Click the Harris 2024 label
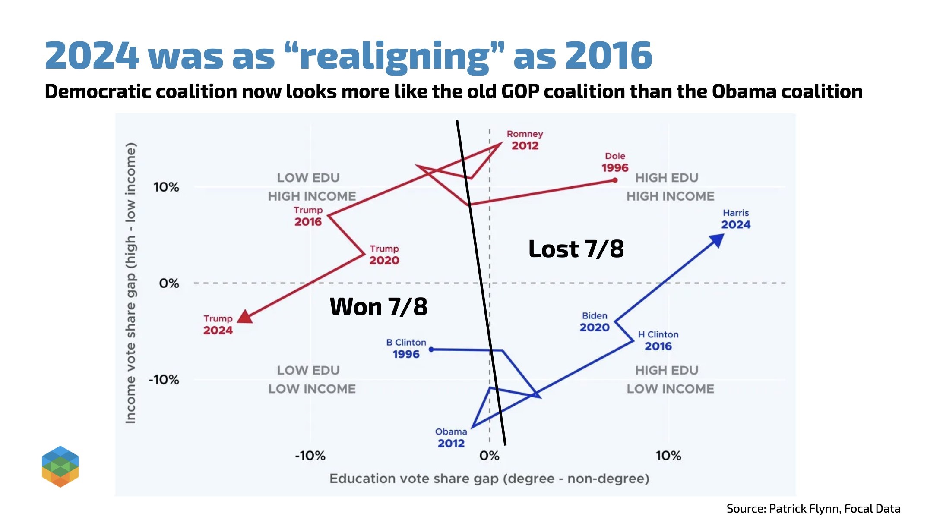(x=736, y=219)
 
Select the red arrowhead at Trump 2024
(x=245, y=317)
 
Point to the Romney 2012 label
(x=525, y=140)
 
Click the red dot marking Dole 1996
(x=615, y=180)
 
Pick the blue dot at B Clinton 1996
(x=431, y=349)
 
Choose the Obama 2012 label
(x=451, y=438)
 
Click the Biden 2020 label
(x=595, y=322)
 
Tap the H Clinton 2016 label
(x=658, y=340)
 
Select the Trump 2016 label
(x=308, y=216)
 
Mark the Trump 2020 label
(x=384, y=255)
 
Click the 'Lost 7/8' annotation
(x=576, y=249)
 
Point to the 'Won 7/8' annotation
(x=378, y=307)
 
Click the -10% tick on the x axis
(x=310, y=456)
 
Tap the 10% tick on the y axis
(x=166, y=187)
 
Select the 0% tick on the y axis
(x=169, y=283)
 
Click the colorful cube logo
(x=60, y=466)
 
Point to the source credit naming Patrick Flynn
(x=813, y=509)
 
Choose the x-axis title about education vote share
(x=489, y=479)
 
